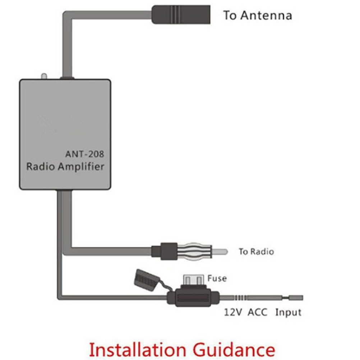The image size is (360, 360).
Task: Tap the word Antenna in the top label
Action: (x=266, y=15)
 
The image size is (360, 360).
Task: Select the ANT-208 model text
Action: (x=84, y=154)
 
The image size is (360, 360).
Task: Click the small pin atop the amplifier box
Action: (x=44, y=76)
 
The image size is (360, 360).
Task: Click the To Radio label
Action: (x=256, y=251)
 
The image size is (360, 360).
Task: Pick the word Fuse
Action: (x=217, y=278)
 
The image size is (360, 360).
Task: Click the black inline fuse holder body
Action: (x=193, y=298)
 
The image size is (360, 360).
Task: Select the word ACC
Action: (x=258, y=312)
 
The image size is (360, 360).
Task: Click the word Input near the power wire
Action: (x=288, y=313)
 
